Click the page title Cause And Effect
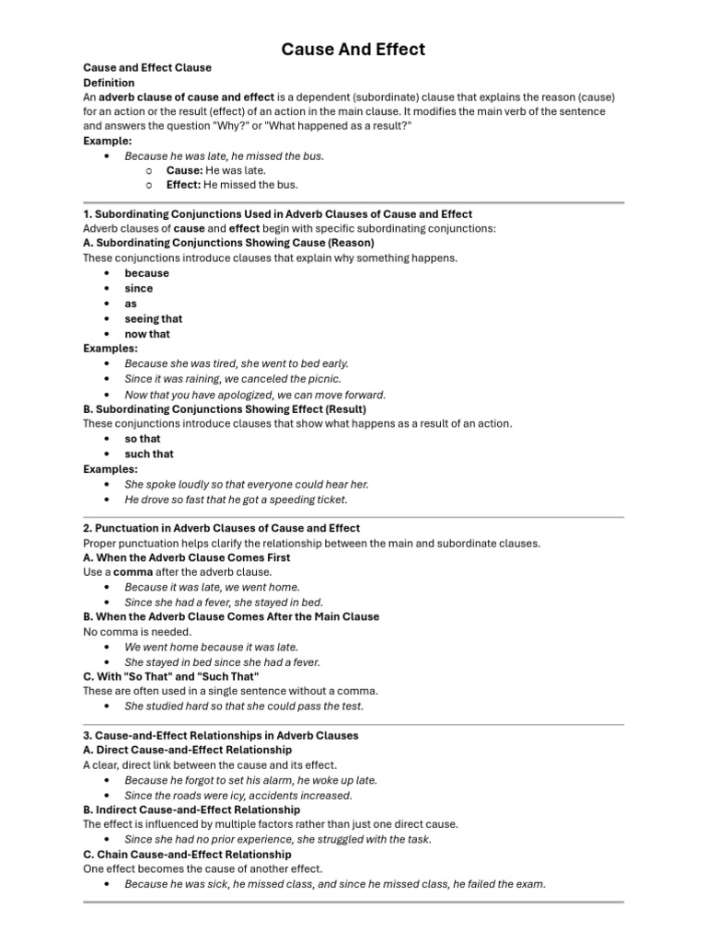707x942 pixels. [353, 50]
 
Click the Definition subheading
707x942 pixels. [109, 82]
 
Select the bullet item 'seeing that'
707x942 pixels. [154, 318]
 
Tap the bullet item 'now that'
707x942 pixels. [147, 334]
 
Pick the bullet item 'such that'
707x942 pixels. [149, 454]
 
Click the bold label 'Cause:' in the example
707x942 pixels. [184, 170]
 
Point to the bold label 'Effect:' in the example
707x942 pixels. [184, 185]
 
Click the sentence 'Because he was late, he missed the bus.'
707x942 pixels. [224, 155]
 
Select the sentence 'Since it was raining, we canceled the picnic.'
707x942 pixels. [233, 378]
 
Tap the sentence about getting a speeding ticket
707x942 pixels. [236, 500]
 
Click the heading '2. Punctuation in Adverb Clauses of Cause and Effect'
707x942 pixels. [221, 528]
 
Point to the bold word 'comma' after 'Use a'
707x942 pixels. [133, 571]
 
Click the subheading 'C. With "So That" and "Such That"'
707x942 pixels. [173, 676]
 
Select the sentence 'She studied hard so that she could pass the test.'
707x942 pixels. [244, 706]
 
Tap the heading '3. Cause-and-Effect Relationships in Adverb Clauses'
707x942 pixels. [221, 735]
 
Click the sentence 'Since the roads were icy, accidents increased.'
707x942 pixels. [238, 795]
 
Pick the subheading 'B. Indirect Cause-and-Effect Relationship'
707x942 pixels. [191, 810]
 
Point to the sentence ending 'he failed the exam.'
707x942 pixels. [335, 884]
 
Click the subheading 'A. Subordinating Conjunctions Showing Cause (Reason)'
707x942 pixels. [228, 243]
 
